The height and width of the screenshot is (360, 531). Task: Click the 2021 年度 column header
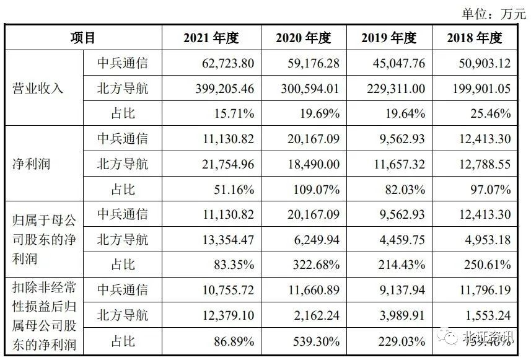pos(211,38)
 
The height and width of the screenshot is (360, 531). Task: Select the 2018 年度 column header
pos(474,38)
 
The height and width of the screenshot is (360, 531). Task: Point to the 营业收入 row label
pos(38,89)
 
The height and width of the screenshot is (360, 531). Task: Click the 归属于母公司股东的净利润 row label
pos(43,240)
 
